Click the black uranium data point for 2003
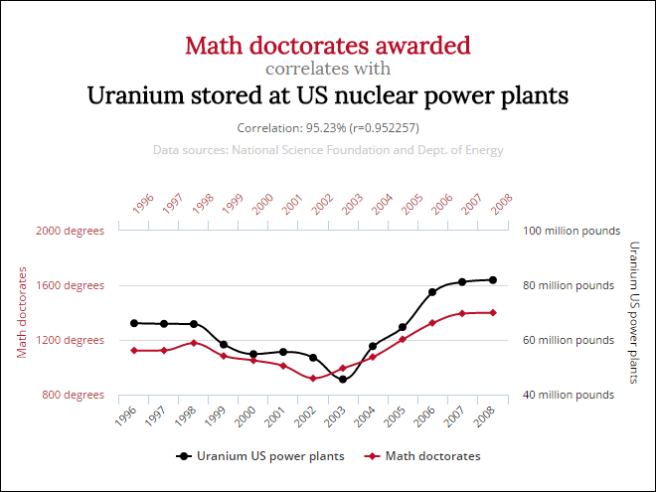click(343, 380)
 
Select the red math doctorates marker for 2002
click(313, 379)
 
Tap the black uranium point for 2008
click(493, 280)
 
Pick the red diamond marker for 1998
click(194, 343)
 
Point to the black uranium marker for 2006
click(432, 292)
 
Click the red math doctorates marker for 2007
click(462, 313)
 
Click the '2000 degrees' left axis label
click(70, 231)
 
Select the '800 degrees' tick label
click(73, 395)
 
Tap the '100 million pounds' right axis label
click(572, 231)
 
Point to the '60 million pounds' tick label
click(569, 340)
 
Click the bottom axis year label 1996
click(126, 415)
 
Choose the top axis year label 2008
click(502, 204)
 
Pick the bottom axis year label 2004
click(365, 415)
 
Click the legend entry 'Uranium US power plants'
click(260, 456)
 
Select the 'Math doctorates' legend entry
click(422, 456)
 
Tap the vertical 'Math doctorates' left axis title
click(22, 312)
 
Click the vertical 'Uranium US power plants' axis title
click(634, 312)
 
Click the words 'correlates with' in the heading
click(328, 69)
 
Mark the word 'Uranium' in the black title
click(135, 95)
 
